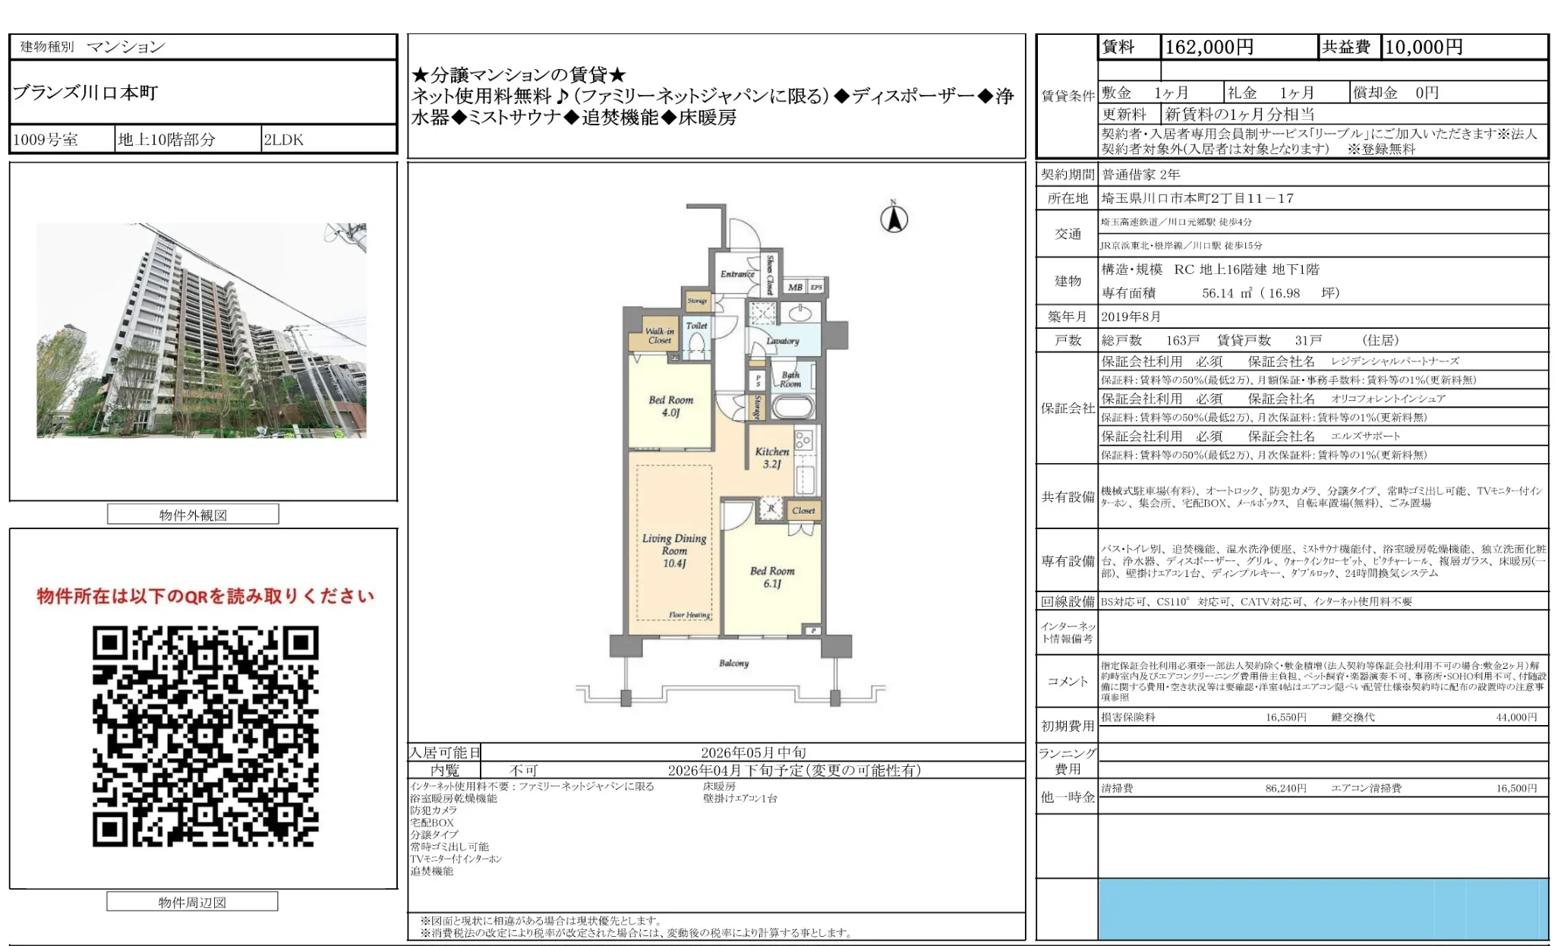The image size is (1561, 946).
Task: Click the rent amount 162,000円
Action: point(1209,47)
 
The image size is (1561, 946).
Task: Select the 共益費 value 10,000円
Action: point(1424,47)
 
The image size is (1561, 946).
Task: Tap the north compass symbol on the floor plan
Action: point(894,218)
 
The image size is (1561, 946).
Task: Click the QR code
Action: point(205,736)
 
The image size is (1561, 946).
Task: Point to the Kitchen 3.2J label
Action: point(771,457)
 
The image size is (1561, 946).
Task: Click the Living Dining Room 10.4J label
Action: point(673,550)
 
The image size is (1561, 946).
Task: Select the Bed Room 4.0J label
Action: point(670,406)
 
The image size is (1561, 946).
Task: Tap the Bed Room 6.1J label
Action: point(771,577)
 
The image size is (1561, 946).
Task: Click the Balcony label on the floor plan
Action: point(733,663)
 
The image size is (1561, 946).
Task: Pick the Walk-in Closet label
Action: point(659,336)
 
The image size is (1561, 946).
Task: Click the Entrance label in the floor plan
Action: point(736,274)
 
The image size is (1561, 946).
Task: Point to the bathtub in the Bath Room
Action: point(793,406)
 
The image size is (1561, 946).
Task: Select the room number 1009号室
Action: point(46,140)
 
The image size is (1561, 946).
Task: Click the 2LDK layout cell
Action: point(284,140)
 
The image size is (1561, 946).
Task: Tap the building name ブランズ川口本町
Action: point(85,93)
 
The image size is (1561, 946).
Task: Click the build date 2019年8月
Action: point(1131,317)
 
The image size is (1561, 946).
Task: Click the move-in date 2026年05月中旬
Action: point(752,752)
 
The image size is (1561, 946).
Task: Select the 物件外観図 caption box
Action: point(193,515)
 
